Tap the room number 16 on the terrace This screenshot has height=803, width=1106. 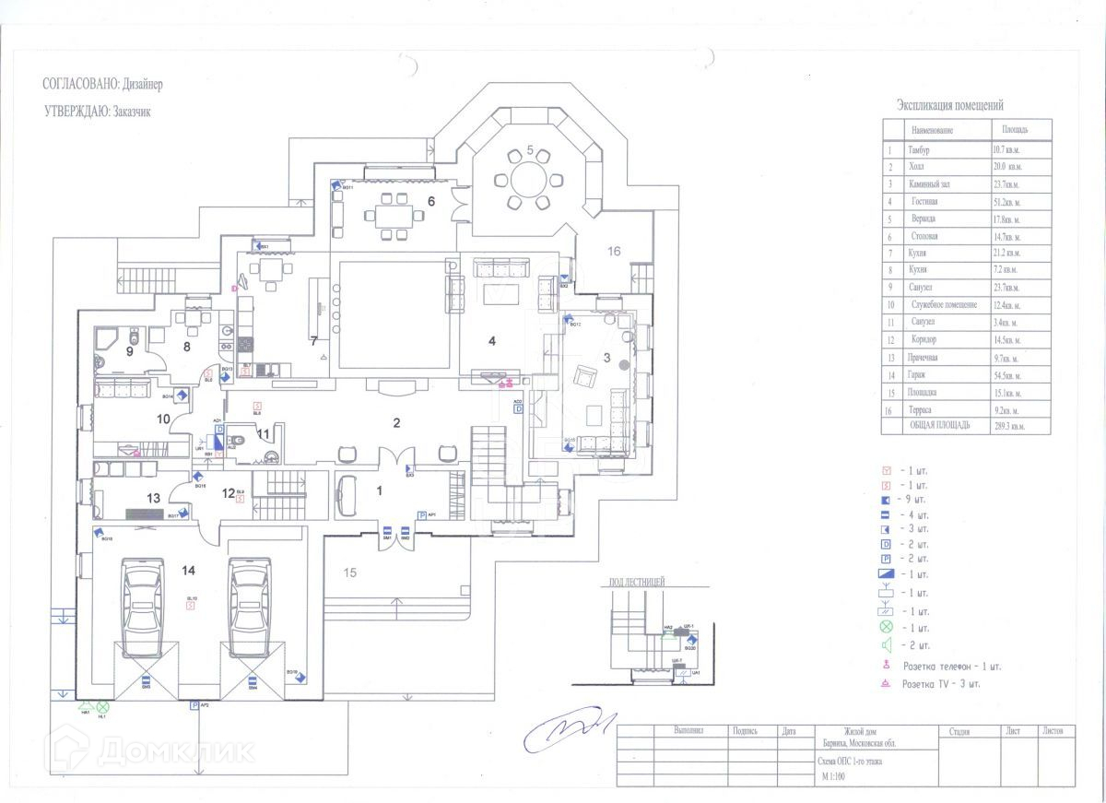point(614,250)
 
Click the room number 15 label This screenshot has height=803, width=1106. point(350,572)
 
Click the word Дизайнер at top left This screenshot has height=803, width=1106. point(142,84)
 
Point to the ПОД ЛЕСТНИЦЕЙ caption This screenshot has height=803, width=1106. point(637,583)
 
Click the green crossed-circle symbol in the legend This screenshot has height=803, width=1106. point(888,628)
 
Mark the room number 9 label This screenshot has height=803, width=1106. point(130,351)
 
